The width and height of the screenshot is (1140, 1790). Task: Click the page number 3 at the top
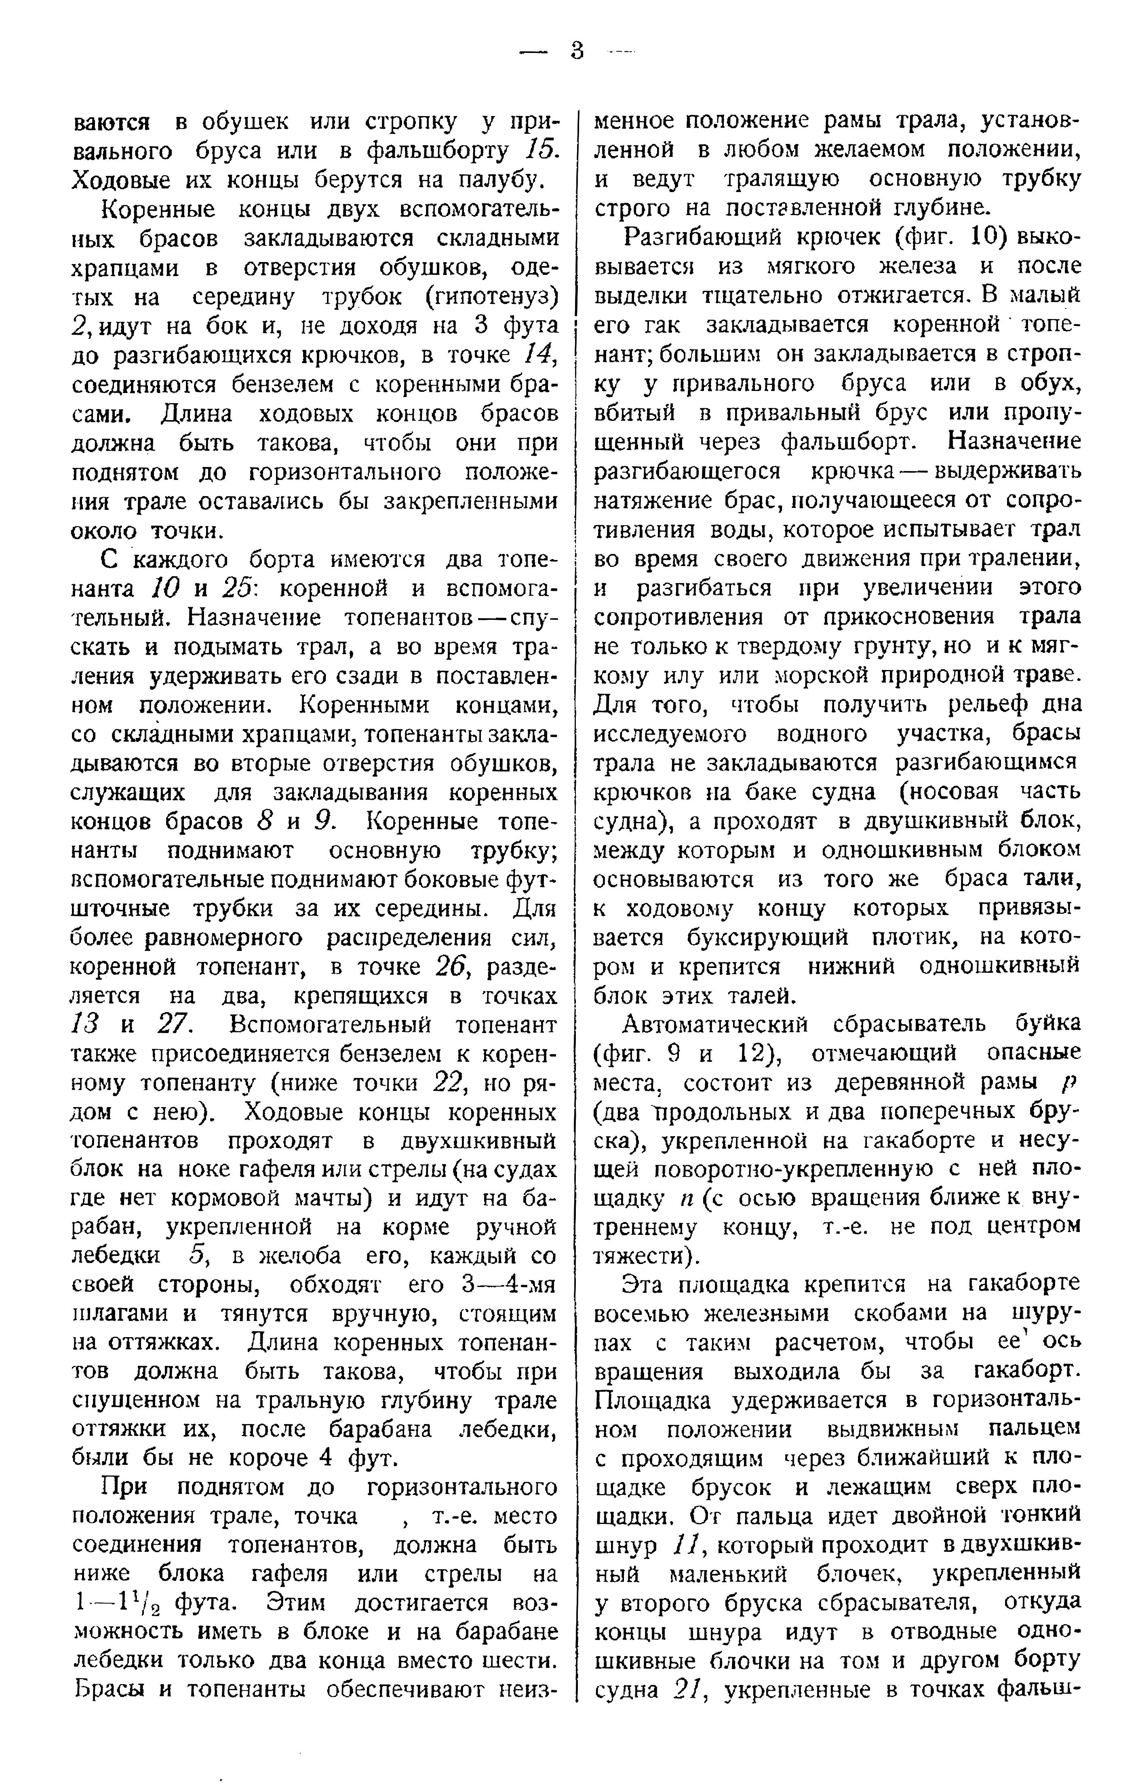pyautogui.click(x=577, y=51)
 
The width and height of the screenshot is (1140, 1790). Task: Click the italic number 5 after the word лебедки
pyautogui.click(x=197, y=1258)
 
